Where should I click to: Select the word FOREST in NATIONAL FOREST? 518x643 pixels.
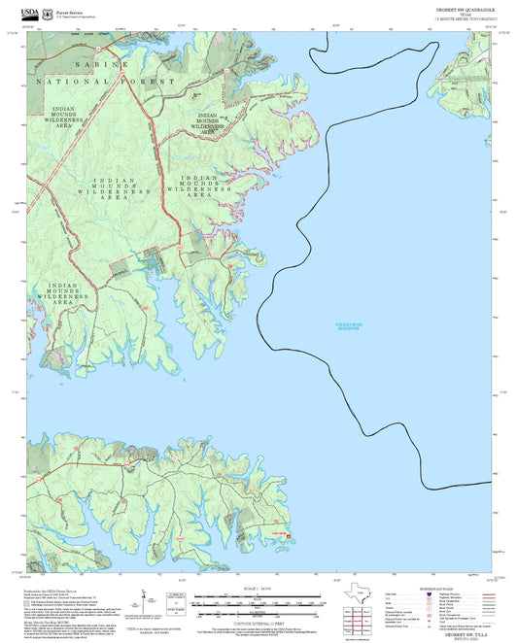point(146,83)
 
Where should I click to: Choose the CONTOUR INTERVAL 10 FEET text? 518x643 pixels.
point(259,624)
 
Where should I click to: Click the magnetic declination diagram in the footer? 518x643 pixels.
point(176,608)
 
